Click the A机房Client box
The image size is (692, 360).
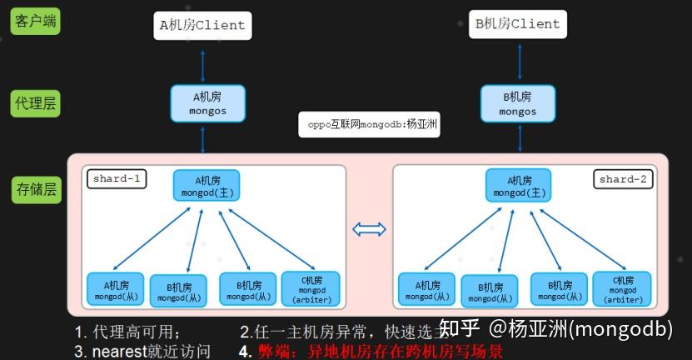click(202, 25)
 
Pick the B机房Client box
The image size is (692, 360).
click(518, 24)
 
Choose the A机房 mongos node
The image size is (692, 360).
click(207, 103)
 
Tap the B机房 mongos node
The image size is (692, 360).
click(518, 103)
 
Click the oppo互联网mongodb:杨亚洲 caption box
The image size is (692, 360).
click(368, 124)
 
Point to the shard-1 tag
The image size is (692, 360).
click(117, 178)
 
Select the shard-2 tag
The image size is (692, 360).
click(623, 178)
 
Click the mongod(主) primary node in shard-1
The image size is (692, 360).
click(207, 186)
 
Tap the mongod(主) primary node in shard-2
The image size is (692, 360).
click(518, 186)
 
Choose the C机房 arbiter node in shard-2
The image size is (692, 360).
click(622, 288)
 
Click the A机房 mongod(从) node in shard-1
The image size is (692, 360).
click(115, 289)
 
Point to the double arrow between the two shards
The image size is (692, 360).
click(369, 229)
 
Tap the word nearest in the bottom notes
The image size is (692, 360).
click(121, 351)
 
